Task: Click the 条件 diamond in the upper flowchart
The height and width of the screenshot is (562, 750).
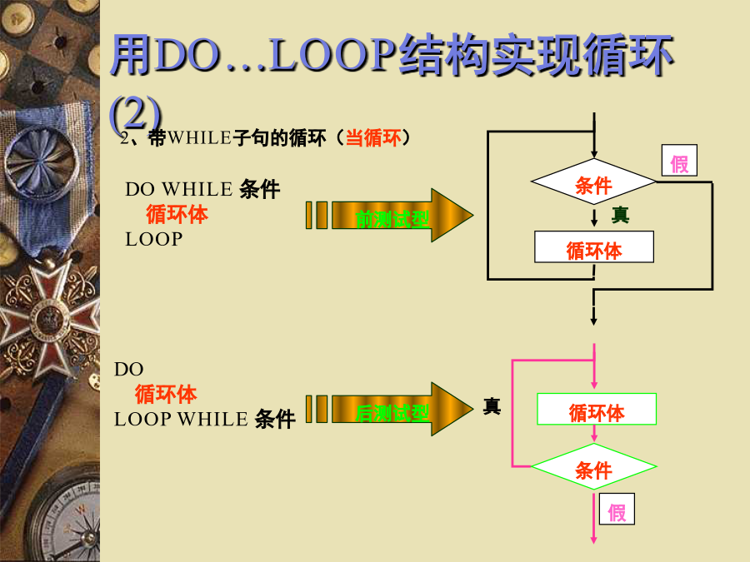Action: pos(593,182)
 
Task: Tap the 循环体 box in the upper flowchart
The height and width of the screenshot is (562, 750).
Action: pos(594,247)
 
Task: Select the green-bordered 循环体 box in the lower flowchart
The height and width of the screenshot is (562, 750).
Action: pos(597,409)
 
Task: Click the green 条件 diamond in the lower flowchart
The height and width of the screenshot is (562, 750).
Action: pos(593,466)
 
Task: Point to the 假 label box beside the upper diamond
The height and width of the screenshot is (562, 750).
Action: pos(679,161)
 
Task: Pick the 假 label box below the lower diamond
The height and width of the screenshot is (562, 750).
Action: pos(617,509)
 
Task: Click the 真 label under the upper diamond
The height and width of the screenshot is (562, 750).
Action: pos(620,215)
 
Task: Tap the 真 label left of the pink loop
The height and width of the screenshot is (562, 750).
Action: pos(492,406)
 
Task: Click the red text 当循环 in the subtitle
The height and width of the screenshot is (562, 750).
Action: pos(373,138)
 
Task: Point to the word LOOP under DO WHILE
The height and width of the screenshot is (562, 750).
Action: pos(154,239)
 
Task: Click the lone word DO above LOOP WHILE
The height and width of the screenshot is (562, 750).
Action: pos(128,370)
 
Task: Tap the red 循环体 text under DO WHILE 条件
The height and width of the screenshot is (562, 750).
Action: pos(177,214)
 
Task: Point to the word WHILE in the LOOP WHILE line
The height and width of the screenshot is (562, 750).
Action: pos(212,419)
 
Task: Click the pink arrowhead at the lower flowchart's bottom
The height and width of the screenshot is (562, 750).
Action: pos(593,540)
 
